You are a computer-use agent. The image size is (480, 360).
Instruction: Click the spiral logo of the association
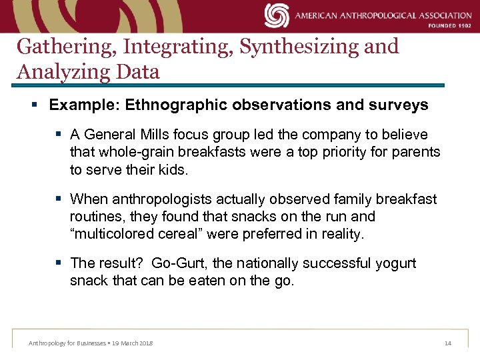coord(276,15)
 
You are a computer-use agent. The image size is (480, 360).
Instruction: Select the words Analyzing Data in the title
coord(88,71)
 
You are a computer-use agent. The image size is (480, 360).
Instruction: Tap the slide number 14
coord(447,343)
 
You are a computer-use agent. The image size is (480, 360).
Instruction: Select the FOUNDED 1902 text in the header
coord(449,27)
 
